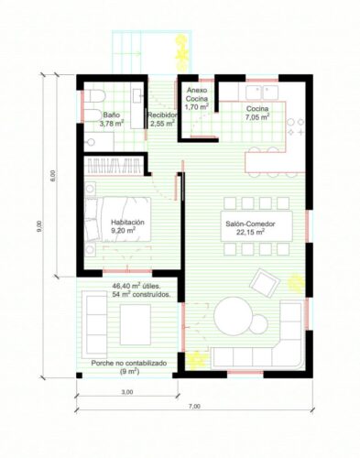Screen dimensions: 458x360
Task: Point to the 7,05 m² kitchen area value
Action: (x=256, y=117)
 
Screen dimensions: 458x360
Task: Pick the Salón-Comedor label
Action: (x=249, y=223)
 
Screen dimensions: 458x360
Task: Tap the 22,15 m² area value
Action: (x=249, y=233)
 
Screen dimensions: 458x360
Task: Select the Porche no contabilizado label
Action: (x=128, y=364)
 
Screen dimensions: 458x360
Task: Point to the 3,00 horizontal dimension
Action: (x=126, y=391)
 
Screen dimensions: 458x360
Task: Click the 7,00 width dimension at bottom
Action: (x=194, y=406)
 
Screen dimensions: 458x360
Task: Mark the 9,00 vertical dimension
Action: (x=38, y=224)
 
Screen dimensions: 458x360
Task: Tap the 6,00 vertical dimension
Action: (x=53, y=173)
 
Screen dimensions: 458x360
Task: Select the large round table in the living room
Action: (x=238, y=322)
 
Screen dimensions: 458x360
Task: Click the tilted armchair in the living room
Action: (x=264, y=280)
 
